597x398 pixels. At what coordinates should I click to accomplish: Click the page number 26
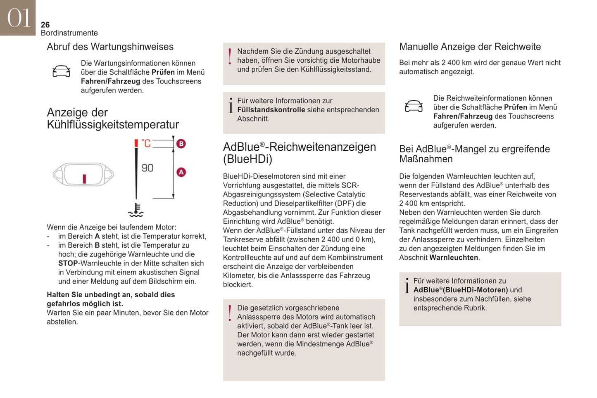45,25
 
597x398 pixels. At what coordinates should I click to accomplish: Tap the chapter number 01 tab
18,18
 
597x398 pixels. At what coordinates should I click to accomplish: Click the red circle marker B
181,144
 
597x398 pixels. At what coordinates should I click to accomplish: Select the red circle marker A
181,172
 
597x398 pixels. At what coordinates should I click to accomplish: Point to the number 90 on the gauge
147,168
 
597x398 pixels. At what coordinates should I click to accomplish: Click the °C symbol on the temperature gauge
146,143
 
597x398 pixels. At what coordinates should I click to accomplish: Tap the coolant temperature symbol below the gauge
136,210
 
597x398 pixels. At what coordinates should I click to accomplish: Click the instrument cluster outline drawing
83,175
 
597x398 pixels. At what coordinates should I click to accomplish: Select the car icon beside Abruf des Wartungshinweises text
61,71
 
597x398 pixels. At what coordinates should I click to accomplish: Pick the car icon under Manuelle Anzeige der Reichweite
414,107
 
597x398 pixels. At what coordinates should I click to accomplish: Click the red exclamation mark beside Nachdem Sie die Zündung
230,57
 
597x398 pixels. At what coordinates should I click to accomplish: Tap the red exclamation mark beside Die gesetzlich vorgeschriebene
230,313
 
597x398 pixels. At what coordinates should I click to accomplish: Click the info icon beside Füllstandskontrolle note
231,105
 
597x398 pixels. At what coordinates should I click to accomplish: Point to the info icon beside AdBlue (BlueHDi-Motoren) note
407,285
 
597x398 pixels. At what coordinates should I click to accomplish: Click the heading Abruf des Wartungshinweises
110,47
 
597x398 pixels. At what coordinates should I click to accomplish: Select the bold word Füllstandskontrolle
271,110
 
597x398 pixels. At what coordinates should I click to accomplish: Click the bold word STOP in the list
68,263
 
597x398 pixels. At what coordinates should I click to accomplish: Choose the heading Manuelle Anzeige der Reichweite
470,47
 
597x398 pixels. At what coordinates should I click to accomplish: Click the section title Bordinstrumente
69,33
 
